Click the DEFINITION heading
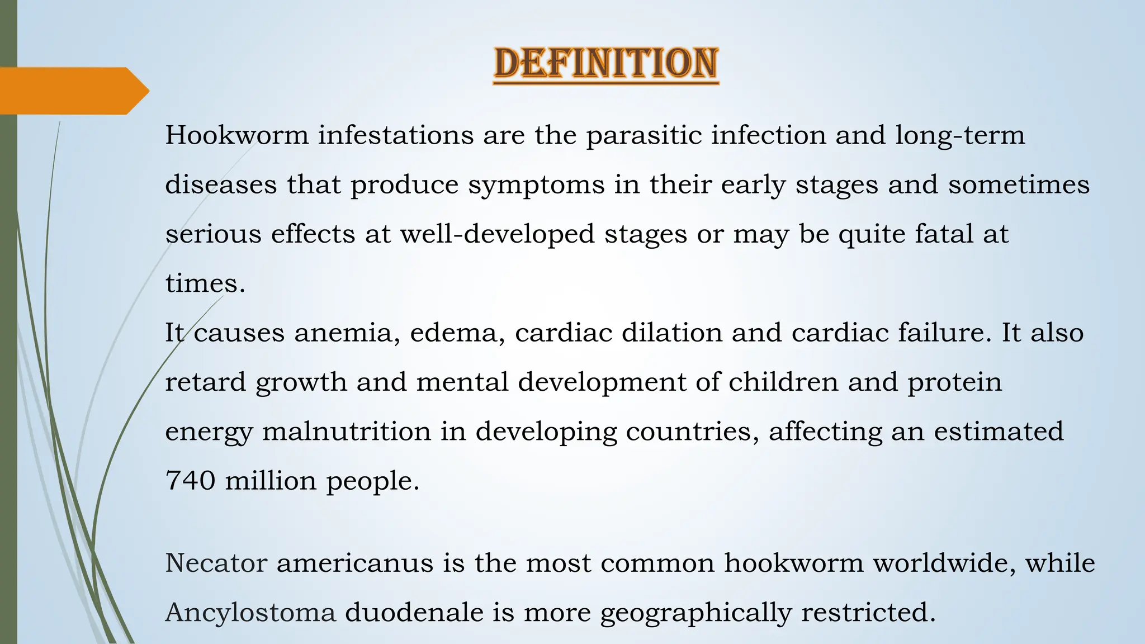(606, 64)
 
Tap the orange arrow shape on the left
(73, 91)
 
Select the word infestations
(396, 135)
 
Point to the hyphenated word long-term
(959, 135)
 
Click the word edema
(457, 333)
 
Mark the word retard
(205, 382)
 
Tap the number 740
(190, 481)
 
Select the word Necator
(216, 563)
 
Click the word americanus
(355, 563)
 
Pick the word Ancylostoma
(250, 613)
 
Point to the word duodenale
(414, 613)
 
